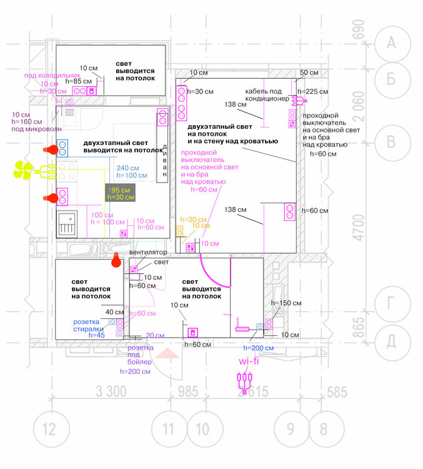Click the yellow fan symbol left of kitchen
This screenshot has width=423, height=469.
tap(24, 169)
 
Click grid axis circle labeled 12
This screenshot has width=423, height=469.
tap(49, 429)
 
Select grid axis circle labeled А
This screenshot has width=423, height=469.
tap(391, 43)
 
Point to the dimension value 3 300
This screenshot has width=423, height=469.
tap(112, 393)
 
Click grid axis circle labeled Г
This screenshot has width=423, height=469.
tap(391, 304)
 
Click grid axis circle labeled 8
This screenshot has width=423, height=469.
tap(322, 429)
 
